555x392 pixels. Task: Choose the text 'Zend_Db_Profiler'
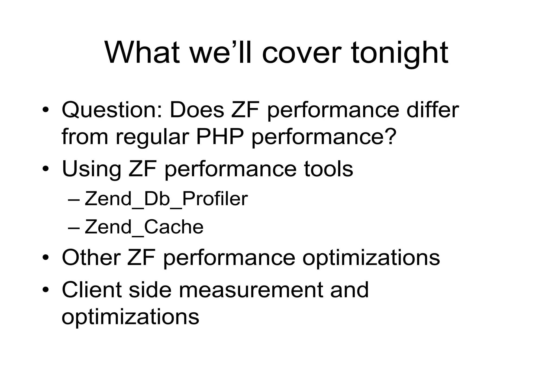tap(166, 199)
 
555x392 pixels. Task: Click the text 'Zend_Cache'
tap(144, 227)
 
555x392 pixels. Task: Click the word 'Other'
tap(91, 257)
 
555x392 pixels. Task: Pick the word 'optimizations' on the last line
tap(130, 317)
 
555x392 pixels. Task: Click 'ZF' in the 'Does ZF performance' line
tap(245, 110)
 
